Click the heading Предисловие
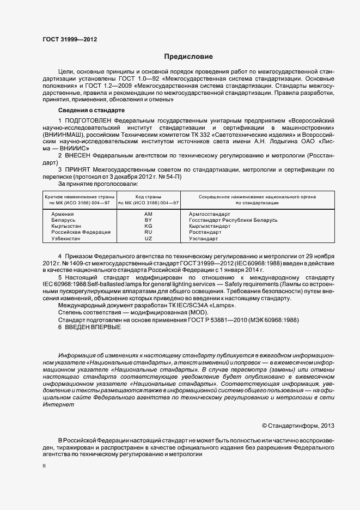tap(189, 57)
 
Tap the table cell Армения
tap(63, 214)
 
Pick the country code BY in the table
tap(148, 220)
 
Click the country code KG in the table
tap(148, 226)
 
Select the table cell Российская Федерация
tap(81, 232)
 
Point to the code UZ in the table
tap(148, 239)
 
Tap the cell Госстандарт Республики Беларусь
tap(233, 220)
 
